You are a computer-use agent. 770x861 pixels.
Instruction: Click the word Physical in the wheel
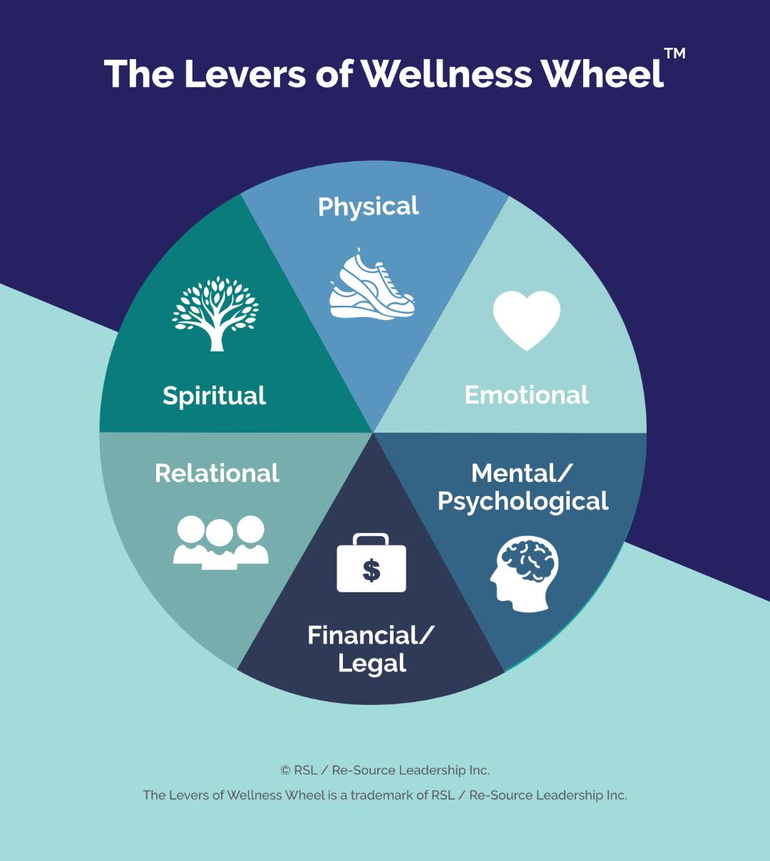point(368,207)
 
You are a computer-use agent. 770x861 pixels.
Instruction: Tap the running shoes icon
point(371,285)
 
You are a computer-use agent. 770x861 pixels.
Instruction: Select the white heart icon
point(527,319)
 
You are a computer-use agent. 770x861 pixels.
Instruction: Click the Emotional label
point(526,395)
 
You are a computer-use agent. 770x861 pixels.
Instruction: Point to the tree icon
point(215,314)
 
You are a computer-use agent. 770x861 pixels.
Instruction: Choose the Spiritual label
point(214,396)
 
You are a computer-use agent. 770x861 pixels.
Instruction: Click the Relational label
point(217,473)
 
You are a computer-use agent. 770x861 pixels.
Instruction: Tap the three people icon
point(220,542)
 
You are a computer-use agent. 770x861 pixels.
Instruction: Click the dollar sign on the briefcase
point(371,569)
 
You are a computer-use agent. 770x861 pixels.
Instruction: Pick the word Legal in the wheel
point(371,663)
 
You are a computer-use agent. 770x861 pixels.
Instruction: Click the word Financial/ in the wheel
point(370,635)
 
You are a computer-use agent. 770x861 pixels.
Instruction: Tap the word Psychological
point(523,501)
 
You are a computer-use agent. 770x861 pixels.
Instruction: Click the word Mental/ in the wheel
point(523,473)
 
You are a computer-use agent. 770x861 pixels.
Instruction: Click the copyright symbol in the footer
point(285,770)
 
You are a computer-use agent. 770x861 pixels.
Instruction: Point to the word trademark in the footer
point(376,795)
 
